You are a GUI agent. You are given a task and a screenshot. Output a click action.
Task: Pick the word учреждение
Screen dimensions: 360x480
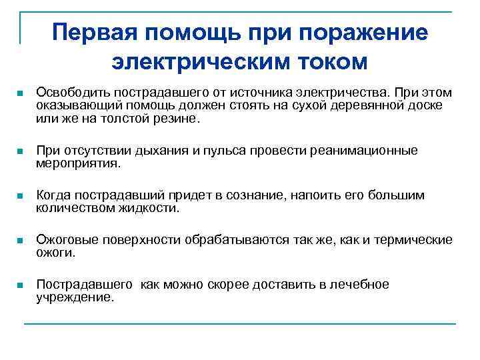75,297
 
